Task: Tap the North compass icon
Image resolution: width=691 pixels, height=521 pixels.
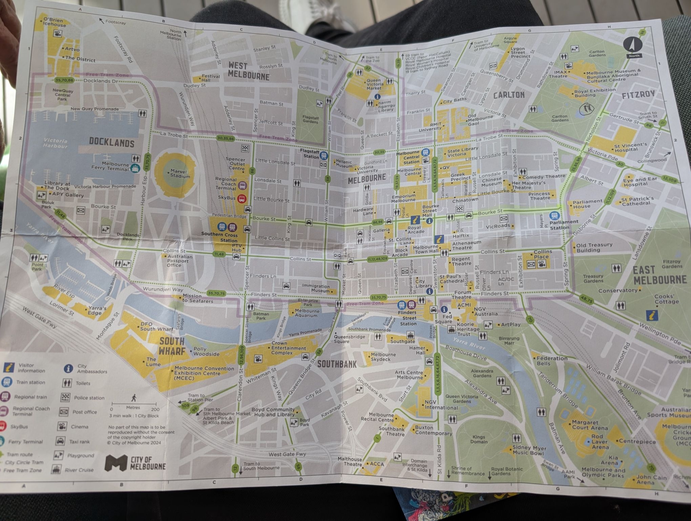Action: [x=634, y=47]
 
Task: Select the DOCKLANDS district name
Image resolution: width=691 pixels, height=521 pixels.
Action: [x=111, y=142]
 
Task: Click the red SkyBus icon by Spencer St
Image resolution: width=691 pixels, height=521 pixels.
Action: [x=242, y=199]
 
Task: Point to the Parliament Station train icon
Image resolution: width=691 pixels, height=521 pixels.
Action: [x=554, y=215]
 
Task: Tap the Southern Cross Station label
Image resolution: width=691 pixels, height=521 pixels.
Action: [x=219, y=237]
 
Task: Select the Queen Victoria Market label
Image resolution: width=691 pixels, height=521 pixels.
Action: [x=375, y=84]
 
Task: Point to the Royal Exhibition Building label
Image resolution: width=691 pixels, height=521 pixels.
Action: [x=595, y=93]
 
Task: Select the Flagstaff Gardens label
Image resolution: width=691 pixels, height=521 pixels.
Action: [x=310, y=119]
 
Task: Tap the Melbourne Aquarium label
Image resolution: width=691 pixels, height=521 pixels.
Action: [x=307, y=313]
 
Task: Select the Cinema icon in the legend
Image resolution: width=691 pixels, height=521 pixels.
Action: [x=62, y=426]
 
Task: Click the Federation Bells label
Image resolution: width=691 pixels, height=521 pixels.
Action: [x=552, y=361]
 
